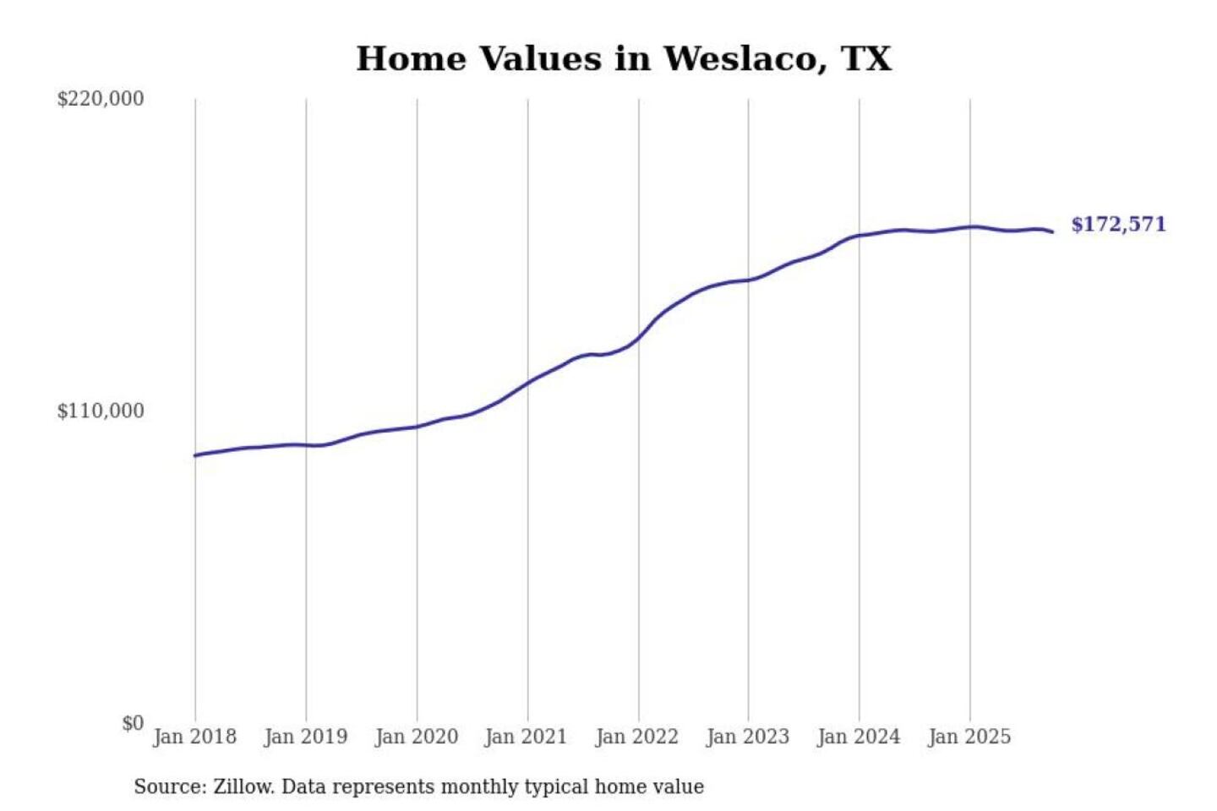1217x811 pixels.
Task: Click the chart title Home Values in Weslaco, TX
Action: point(624,59)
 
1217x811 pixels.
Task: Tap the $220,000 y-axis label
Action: point(101,99)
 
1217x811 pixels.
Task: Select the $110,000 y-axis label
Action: point(101,411)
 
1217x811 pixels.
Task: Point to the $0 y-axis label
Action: point(133,723)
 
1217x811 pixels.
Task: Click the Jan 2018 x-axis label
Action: point(195,737)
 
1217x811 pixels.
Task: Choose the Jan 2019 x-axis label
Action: point(306,737)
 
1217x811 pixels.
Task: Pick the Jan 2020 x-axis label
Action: point(417,737)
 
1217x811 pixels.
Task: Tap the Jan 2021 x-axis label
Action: point(526,737)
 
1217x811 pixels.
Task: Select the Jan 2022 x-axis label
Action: point(637,737)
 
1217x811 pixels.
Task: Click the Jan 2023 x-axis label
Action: point(748,737)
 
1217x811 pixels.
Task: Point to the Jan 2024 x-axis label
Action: point(859,737)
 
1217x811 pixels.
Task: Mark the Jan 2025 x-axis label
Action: point(969,737)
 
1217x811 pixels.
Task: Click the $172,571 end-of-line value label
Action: point(1118,225)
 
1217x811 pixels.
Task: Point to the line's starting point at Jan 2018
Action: point(196,455)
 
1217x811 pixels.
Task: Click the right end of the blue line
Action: point(1052,231)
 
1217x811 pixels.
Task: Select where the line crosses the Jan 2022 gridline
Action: point(639,337)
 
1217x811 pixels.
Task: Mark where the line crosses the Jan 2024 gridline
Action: point(860,236)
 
